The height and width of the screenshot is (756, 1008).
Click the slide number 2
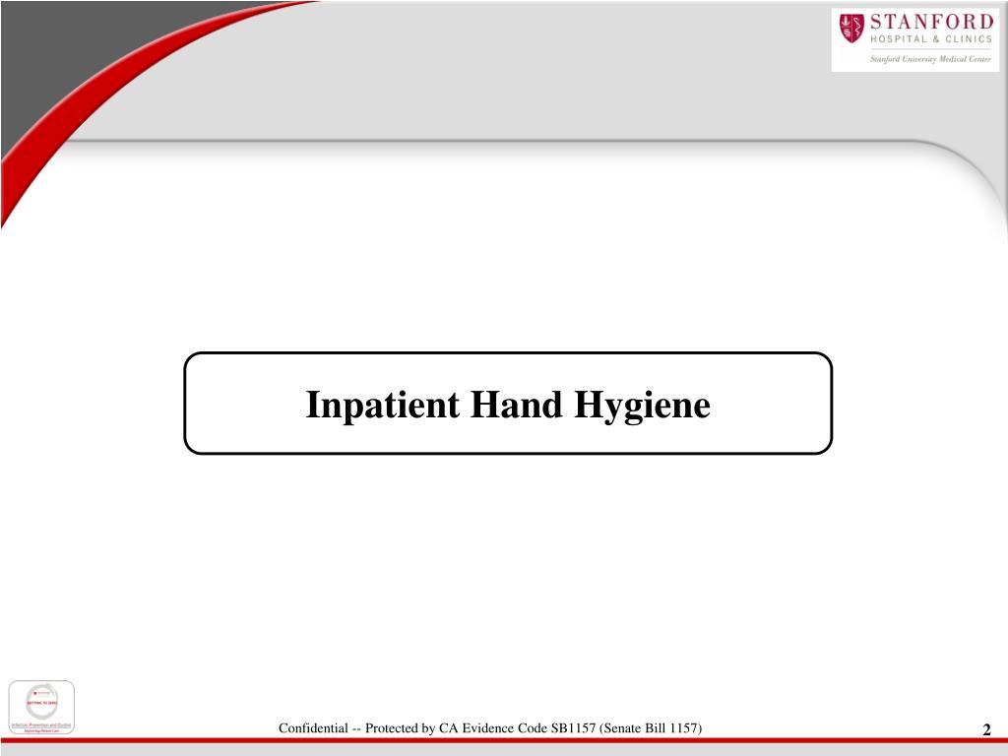pos(986,729)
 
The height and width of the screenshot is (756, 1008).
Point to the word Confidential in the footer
pos(312,728)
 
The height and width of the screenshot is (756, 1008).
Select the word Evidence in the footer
pos(481,728)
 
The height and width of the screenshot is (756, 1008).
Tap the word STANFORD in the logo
pos(930,23)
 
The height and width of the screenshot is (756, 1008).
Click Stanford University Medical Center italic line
pos(929,59)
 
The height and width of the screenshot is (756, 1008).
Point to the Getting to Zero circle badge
pos(41,701)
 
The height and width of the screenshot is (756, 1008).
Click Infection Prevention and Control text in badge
pos(40,724)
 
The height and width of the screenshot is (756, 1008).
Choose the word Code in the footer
pos(525,728)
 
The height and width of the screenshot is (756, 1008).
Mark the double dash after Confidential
pos(353,728)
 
